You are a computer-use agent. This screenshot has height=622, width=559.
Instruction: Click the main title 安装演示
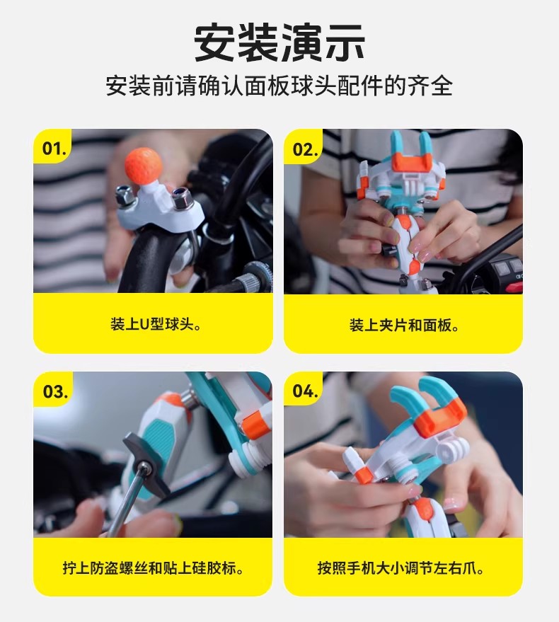[x=279, y=43]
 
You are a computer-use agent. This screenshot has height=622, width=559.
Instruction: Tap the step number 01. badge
[x=54, y=149]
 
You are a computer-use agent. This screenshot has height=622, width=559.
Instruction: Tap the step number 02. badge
[x=305, y=149]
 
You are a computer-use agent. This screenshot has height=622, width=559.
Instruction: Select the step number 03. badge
[x=55, y=391]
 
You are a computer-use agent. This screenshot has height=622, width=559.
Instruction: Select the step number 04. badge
[x=305, y=391]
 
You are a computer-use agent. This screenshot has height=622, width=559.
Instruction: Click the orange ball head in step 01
[x=143, y=164]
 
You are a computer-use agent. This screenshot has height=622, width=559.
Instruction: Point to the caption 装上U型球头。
[x=156, y=325]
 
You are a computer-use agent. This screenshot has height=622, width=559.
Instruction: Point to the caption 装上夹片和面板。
[x=404, y=326]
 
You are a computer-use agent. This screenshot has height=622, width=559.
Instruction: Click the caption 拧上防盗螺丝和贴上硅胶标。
[x=153, y=568]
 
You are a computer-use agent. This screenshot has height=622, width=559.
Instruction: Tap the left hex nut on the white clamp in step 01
[x=124, y=195]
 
